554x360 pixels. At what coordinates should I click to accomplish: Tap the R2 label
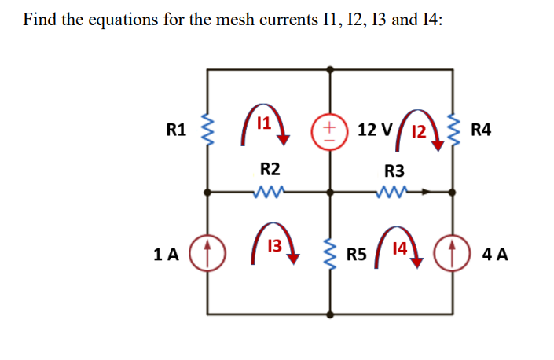270,168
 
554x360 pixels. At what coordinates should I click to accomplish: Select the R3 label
394,171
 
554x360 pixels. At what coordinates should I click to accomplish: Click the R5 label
357,254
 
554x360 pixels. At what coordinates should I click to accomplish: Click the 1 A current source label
167,254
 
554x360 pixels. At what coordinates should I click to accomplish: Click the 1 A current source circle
208,253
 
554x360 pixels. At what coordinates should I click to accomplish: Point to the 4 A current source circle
453,253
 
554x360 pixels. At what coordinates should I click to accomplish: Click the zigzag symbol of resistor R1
208,130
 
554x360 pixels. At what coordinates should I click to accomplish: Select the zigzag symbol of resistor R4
453,130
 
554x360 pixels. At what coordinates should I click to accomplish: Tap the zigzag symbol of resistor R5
330,253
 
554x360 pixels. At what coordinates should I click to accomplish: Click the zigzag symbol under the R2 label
270,190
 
